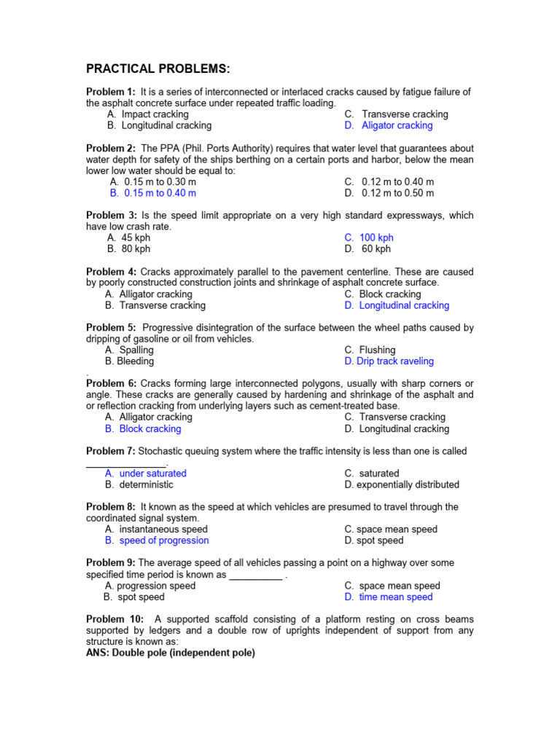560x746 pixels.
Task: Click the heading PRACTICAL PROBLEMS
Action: (158, 69)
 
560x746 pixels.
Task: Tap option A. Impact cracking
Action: (147, 114)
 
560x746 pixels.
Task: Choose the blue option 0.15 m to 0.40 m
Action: (152, 193)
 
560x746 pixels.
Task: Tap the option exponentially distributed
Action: (402, 484)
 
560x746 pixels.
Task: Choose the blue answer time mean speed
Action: (389, 597)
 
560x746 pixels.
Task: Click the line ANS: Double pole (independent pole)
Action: (171, 653)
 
